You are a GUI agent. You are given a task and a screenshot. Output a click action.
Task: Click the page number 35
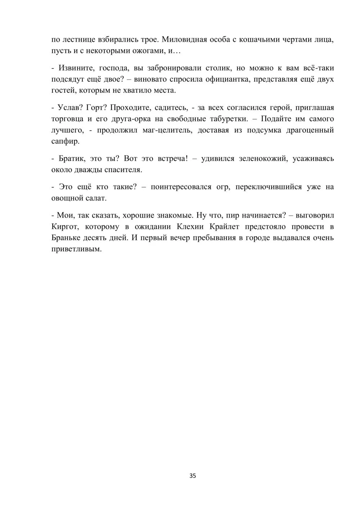(193, 476)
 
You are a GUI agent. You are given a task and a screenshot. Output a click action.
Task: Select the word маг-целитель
(167, 130)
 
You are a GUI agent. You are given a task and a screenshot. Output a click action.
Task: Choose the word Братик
(71, 158)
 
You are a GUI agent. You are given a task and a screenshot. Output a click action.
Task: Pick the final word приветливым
(77, 249)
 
